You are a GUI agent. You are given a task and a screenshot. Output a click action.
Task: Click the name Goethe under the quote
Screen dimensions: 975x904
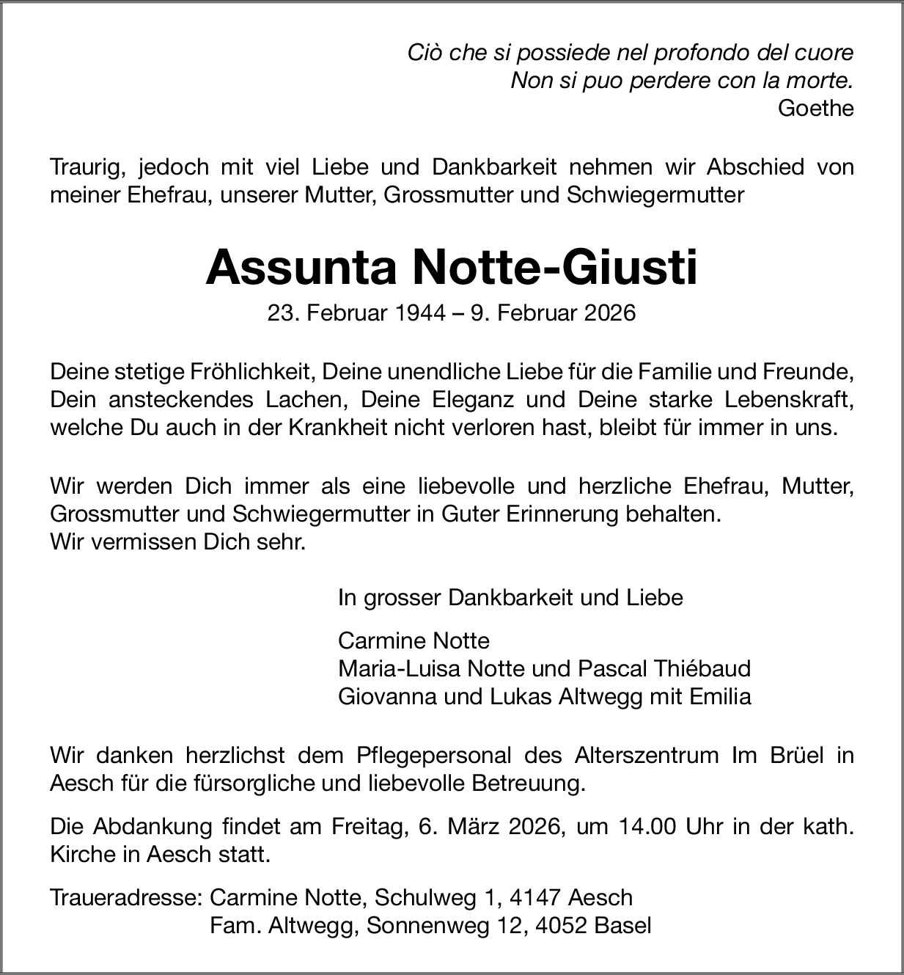[x=816, y=109]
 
